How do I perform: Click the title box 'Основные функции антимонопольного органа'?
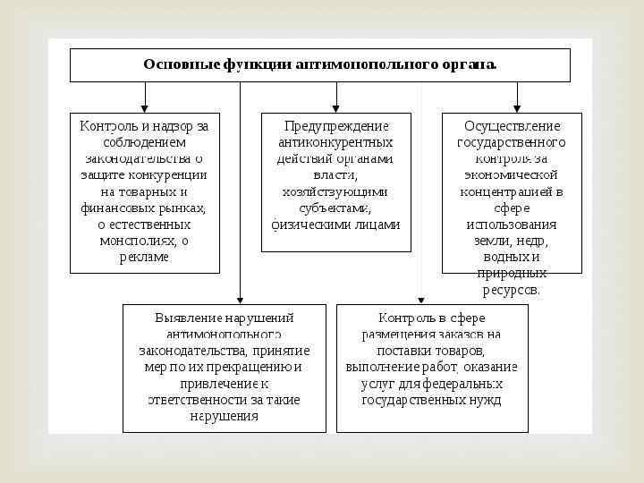point(319,64)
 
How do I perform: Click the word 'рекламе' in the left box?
point(144,258)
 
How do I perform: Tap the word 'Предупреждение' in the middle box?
point(335,126)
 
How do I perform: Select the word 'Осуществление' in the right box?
point(512,126)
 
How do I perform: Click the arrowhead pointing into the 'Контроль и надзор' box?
point(145,107)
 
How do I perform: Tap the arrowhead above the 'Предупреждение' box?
point(336,107)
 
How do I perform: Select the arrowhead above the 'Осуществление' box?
point(517,107)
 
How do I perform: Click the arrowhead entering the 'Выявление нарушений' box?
point(240,300)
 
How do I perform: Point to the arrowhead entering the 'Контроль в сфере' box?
point(421,300)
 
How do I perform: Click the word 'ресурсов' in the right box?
point(511,291)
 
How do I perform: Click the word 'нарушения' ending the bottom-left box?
point(224,417)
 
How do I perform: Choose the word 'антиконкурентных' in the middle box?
point(335,142)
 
